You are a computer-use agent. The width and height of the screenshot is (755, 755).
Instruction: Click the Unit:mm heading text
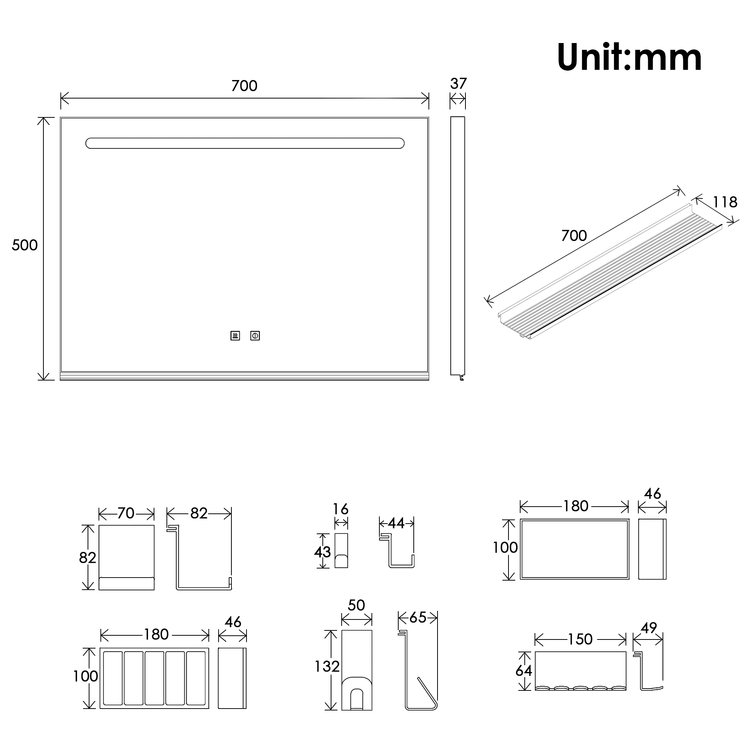(629, 57)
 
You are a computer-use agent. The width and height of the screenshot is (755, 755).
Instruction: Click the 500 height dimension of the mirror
(25, 245)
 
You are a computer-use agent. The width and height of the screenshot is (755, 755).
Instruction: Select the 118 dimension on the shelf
(725, 202)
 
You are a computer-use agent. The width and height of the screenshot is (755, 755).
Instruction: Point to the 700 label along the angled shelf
(574, 235)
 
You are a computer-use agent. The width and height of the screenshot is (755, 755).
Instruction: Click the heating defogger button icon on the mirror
(235, 336)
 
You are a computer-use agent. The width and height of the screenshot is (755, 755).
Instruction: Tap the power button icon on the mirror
(255, 336)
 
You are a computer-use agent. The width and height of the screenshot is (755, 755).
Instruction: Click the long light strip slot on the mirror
(245, 143)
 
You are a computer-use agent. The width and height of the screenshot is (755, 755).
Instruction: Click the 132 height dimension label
(327, 666)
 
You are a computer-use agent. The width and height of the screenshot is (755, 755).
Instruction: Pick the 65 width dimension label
(418, 618)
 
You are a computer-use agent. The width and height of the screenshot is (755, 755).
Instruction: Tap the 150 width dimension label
(580, 639)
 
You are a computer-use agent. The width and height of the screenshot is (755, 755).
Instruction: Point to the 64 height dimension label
(524, 670)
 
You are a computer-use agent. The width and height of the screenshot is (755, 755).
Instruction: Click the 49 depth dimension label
(649, 628)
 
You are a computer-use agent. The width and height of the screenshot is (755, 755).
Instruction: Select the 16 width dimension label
(341, 509)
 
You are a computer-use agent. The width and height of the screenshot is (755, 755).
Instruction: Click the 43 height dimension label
(322, 552)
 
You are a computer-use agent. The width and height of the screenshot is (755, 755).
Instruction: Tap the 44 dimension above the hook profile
(396, 523)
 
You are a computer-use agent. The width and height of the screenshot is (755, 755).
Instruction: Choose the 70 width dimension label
(126, 513)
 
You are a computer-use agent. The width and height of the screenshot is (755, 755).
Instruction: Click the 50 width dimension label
(356, 605)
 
